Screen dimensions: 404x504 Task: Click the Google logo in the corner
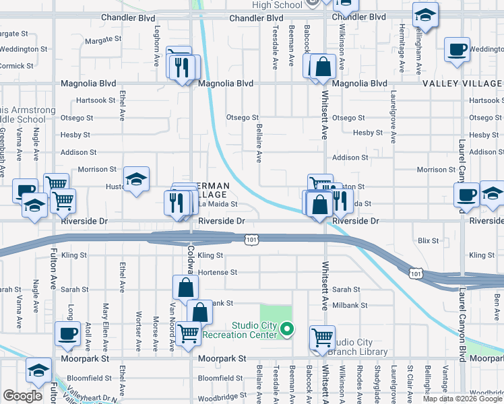22,396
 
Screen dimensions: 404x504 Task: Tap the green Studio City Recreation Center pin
288,330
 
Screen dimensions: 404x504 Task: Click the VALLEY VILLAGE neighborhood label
463,83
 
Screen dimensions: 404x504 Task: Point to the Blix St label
428,240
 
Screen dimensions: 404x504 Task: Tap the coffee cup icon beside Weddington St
458,49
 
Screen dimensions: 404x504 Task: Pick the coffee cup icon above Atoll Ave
67,333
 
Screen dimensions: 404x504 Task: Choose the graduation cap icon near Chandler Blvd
425,15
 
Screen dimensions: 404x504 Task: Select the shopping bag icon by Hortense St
185,288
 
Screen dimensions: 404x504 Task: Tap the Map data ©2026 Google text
462,399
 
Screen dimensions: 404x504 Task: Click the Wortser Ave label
138,329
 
